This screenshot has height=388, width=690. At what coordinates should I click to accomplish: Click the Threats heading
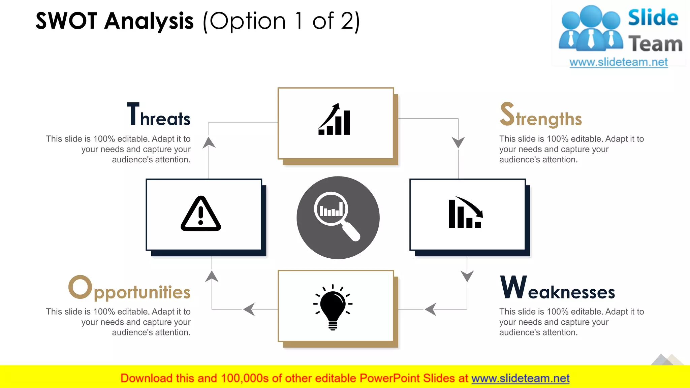159,115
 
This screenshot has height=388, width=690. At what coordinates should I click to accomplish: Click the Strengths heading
541,115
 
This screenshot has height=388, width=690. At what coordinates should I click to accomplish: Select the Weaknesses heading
558,288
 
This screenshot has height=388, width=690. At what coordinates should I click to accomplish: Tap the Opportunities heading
130,288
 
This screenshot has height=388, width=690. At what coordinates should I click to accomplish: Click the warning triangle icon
201,214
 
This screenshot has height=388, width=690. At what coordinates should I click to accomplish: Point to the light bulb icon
333,306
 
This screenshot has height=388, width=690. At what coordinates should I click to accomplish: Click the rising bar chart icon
335,120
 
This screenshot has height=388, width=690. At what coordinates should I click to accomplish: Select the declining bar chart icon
466,213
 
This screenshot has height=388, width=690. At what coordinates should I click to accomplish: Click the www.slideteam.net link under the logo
619,62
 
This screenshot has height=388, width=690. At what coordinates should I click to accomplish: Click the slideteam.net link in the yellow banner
520,378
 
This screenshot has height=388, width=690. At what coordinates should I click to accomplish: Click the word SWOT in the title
66,21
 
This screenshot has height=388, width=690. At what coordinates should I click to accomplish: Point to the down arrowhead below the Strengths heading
458,142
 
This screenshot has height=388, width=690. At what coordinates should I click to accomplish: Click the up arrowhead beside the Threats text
209,142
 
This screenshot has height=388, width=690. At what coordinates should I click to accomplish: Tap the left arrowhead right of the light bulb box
431,309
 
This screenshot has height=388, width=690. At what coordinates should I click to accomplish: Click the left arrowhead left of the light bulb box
249,309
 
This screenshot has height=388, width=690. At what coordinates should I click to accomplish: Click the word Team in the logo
655,44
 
